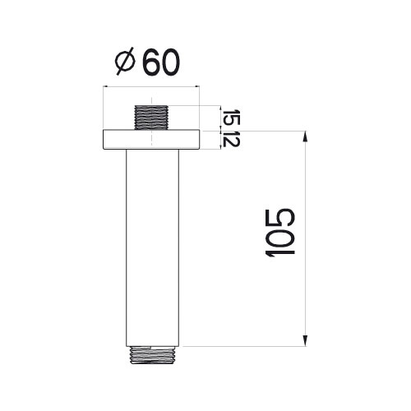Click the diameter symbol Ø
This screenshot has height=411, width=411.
pos(127,62)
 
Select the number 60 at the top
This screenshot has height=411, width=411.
pos(162,62)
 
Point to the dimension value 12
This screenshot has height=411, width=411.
pos(231,139)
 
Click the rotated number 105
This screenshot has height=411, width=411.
pos(279,234)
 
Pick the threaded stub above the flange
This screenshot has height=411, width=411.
pos(152,116)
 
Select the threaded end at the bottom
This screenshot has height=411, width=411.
pos(152,353)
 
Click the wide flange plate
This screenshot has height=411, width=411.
pos(152,139)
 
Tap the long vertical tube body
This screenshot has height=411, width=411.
pos(152,247)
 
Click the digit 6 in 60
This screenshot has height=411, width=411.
pos(152,62)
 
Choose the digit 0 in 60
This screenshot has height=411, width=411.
pos(172,62)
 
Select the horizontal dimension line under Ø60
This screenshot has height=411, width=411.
pos(152,86)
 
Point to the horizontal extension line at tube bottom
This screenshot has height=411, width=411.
pos(247,346)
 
